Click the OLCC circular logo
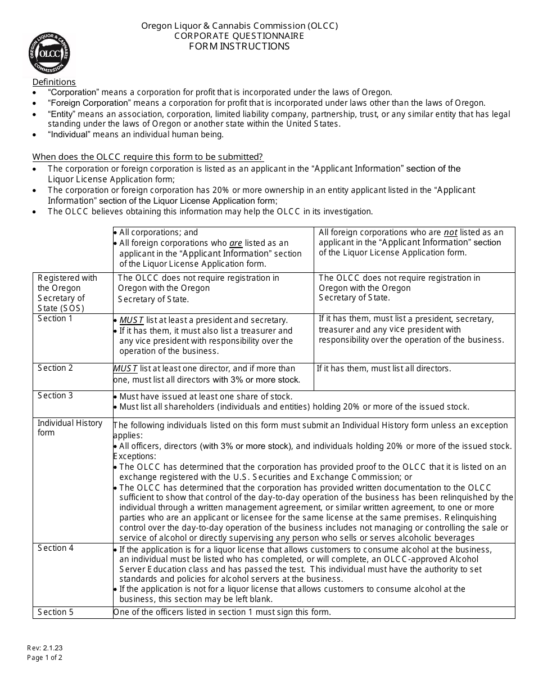(x=49, y=53)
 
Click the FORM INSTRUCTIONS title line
(x=239, y=47)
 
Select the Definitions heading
(x=54, y=82)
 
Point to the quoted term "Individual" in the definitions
(x=69, y=134)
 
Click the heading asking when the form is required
(x=147, y=157)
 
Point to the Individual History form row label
(x=70, y=428)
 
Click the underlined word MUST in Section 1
(x=132, y=320)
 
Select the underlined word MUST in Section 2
(x=125, y=369)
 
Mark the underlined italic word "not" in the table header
(x=450, y=232)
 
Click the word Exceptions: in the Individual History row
(x=135, y=456)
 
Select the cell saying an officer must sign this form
(x=222, y=612)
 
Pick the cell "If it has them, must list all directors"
(x=384, y=369)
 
